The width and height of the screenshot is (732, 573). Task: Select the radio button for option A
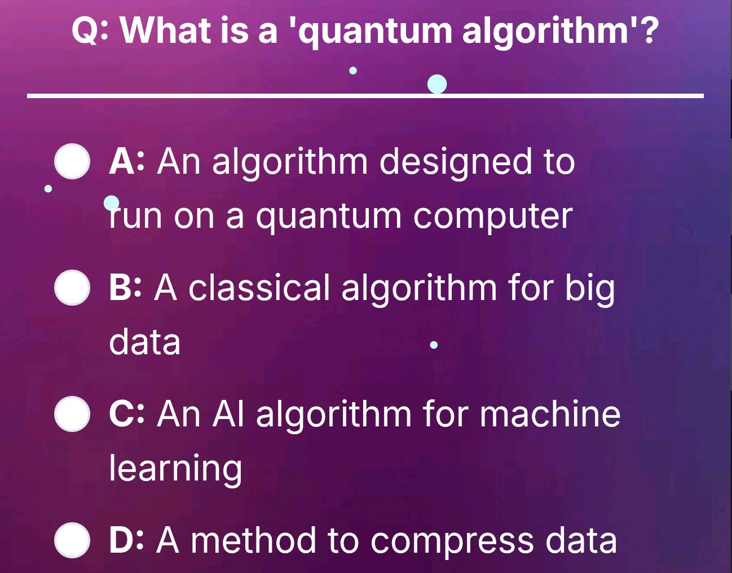tap(72, 162)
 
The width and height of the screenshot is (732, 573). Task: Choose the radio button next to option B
tap(72, 288)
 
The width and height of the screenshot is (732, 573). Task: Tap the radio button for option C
tap(72, 414)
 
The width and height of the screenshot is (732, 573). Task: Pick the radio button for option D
tap(72, 540)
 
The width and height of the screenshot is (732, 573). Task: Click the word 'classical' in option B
tap(259, 288)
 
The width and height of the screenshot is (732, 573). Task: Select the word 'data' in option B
tap(144, 342)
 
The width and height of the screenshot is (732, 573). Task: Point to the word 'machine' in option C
tap(550, 414)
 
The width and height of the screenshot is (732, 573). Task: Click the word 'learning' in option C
tap(175, 469)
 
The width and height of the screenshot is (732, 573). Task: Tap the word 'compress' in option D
tap(452, 540)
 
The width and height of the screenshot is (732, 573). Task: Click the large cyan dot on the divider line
tap(437, 85)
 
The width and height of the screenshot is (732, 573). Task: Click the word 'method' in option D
tap(253, 540)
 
